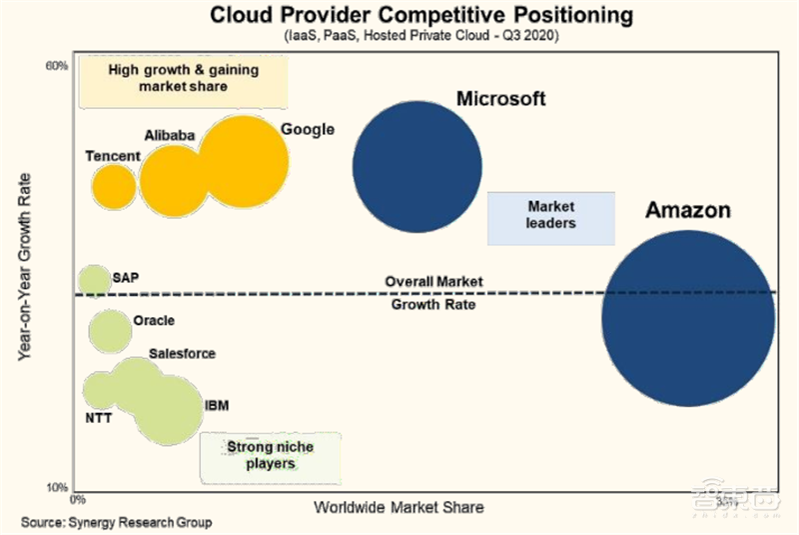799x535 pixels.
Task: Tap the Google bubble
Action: [x=242, y=162]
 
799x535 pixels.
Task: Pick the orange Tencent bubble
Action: [x=114, y=186]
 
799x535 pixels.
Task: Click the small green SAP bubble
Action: [x=94, y=281]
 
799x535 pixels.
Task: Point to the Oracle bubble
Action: [x=110, y=331]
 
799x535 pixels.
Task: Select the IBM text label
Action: [x=217, y=405]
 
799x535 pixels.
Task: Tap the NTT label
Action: [x=98, y=418]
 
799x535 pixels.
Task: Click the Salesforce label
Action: [x=182, y=354]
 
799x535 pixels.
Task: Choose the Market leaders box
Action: [x=550, y=216]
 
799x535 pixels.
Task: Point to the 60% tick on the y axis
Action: [x=56, y=66]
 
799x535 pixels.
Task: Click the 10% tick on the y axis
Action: [x=56, y=487]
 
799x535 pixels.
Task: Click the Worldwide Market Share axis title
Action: [x=399, y=507]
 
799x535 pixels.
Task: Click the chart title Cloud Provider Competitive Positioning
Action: [x=400, y=16]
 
